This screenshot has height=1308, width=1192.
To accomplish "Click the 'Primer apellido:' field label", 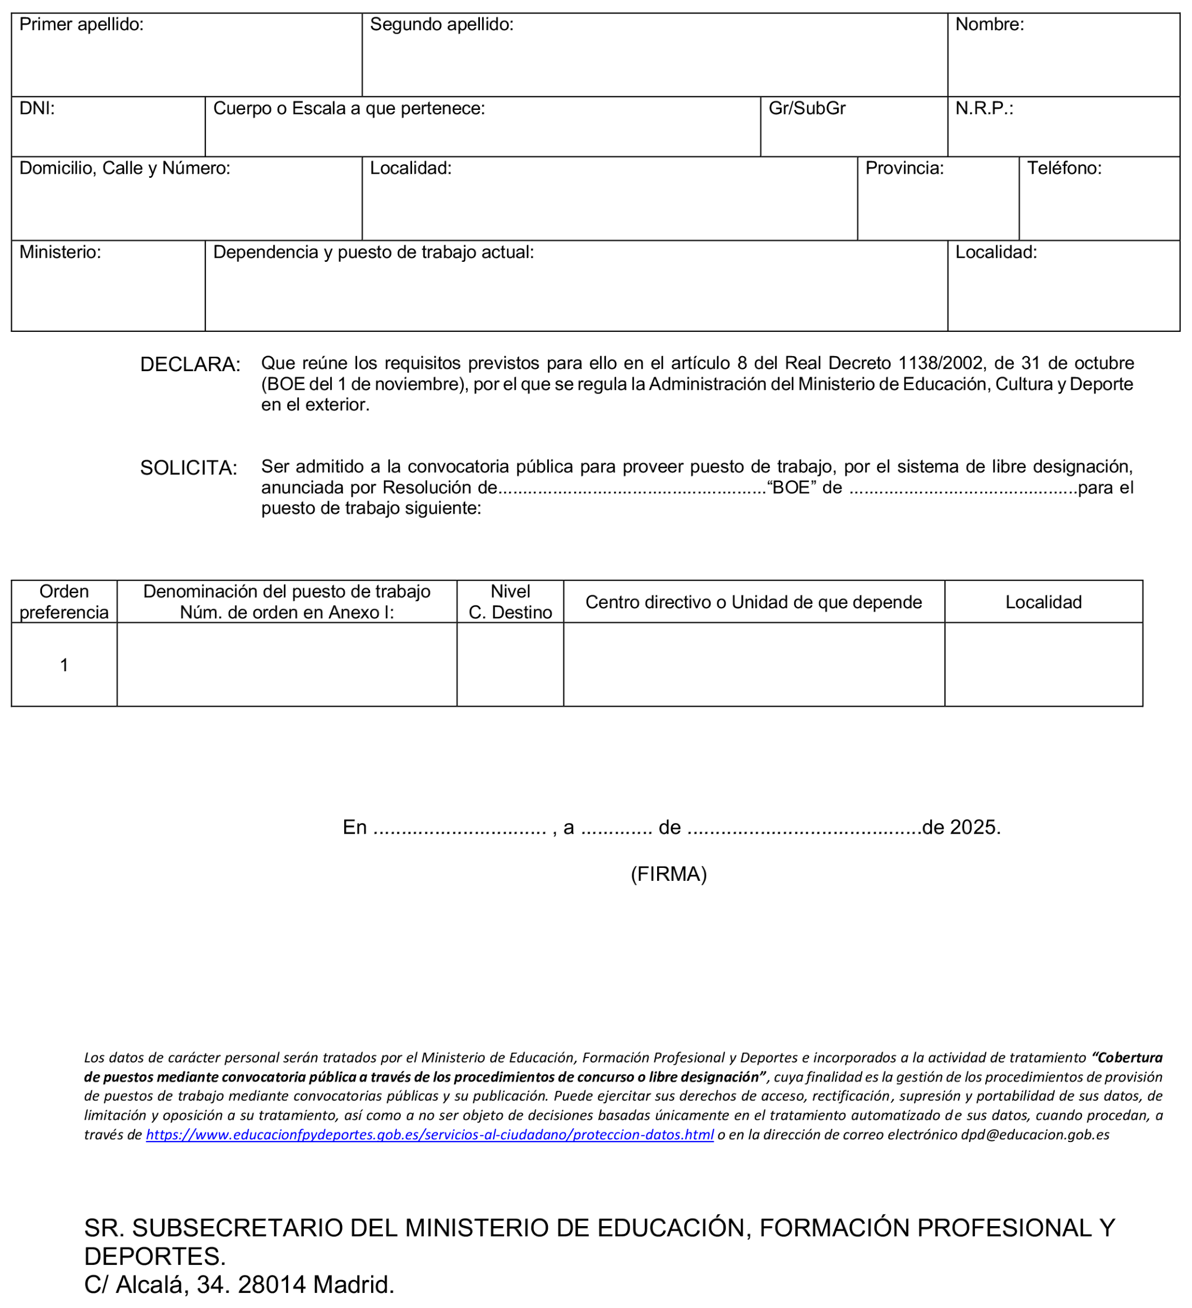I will click(x=81, y=25).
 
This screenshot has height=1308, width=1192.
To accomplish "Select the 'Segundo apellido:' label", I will click(x=441, y=25).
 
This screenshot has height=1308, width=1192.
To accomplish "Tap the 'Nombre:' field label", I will click(x=989, y=25).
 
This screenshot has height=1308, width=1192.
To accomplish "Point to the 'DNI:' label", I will click(x=37, y=108).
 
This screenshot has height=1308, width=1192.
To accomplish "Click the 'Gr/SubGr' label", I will click(x=807, y=108).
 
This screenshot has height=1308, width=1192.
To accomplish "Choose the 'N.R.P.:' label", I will click(x=983, y=108).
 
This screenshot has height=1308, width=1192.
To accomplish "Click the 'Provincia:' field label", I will click(x=904, y=169).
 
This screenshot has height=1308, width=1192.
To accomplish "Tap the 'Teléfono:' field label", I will click(x=1064, y=169).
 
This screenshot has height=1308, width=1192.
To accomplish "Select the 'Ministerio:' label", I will click(x=59, y=252).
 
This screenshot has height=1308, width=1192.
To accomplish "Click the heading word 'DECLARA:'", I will click(x=190, y=364).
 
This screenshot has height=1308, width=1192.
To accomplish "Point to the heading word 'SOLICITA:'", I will click(x=188, y=468).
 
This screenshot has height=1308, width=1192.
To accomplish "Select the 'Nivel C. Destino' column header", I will click(x=510, y=602).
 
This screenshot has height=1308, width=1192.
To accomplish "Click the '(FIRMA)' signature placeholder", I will click(x=668, y=875).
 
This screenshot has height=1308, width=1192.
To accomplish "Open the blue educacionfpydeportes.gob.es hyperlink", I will click(x=429, y=1135).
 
